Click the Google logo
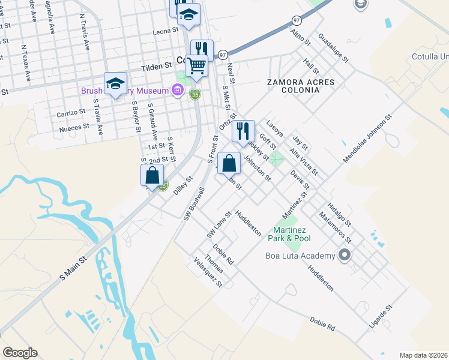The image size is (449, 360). click(x=20, y=353)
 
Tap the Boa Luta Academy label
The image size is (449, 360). click(x=300, y=256)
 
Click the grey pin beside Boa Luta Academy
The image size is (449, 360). click(x=345, y=256)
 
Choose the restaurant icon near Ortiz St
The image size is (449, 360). click(x=243, y=131)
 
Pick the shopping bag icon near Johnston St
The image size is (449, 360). click(x=229, y=163)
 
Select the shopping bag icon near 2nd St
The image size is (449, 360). click(x=152, y=175)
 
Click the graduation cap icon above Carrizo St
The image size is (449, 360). click(x=115, y=83)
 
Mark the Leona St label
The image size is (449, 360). click(x=166, y=31)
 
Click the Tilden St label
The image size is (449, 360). click(x=157, y=68)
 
